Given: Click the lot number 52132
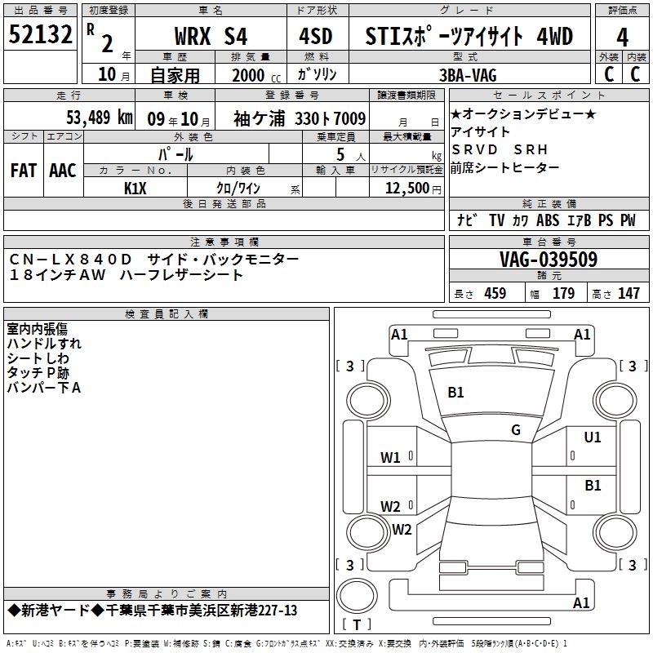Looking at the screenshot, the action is click(x=40, y=34).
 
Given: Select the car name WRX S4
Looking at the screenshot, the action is click(x=211, y=36).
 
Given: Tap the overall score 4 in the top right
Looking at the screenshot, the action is click(x=622, y=38).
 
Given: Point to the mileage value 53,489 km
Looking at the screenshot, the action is click(x=100, y=118).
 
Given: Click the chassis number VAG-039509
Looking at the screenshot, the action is click(x=549, y=260).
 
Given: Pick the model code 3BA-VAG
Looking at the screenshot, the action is click(x=468, y=75).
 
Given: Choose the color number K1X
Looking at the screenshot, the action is click(x=135, y=189).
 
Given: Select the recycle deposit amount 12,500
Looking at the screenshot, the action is click(x=407, y=188).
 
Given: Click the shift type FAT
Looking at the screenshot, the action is click(x=24, y=171).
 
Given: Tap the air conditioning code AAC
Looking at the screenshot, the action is click(x=63, y=171).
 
